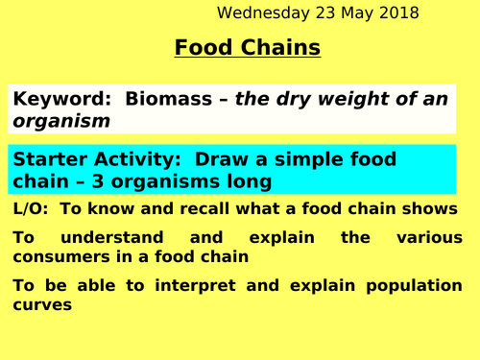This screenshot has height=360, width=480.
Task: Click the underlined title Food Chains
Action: pyautogui.click(x=248, y=47)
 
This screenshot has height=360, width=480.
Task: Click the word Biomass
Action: pyautogui.click(x=156, y=99)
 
